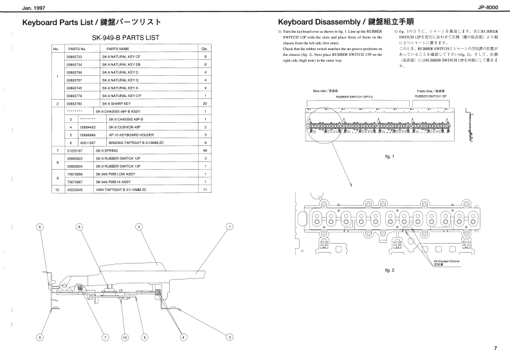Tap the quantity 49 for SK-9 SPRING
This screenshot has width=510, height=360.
click(x=205, y=150)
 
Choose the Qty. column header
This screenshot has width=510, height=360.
click(x=205, y=49)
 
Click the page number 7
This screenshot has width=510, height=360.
click(x=495, y=348)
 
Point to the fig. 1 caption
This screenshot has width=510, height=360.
click(x=388, y=156)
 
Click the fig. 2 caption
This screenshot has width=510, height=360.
click(x=388, y=271)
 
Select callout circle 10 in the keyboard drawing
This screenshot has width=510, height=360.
click(x=125, y=337)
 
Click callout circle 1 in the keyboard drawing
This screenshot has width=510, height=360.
click(x=230, y=226)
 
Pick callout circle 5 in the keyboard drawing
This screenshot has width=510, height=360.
click(x=40, y=337)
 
